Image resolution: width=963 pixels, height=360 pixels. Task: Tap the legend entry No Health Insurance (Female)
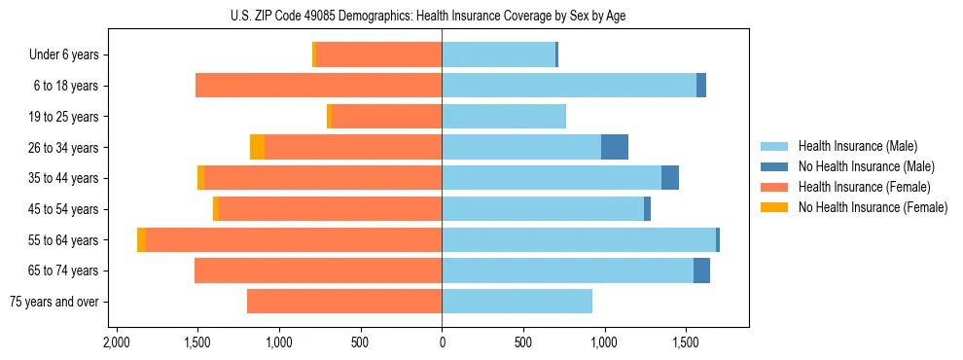click(x=872, y=207)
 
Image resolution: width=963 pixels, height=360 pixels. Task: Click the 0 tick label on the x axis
click(x=442, y=342)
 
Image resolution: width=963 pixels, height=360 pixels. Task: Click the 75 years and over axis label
click(x=53, y=302)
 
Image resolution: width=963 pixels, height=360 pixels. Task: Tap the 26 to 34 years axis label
click(x=66, y=148)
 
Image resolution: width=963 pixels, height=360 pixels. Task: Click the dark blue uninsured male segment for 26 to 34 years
click(x=615, y=147)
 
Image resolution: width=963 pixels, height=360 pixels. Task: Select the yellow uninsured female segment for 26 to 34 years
click(x=257, y=147)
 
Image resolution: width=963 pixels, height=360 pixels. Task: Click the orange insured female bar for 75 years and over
click(x=344, y=302)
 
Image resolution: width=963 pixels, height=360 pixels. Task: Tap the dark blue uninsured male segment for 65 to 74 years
click(x=701, y=270)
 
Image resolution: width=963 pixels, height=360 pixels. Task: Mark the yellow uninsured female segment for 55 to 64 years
click(x=142, y=239)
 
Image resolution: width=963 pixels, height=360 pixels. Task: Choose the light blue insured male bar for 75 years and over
click(x=517, y=302)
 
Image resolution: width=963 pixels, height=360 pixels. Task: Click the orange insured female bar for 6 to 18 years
click(x=319, y=86)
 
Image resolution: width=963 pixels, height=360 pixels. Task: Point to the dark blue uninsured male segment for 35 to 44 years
click(x=670, y=178)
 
